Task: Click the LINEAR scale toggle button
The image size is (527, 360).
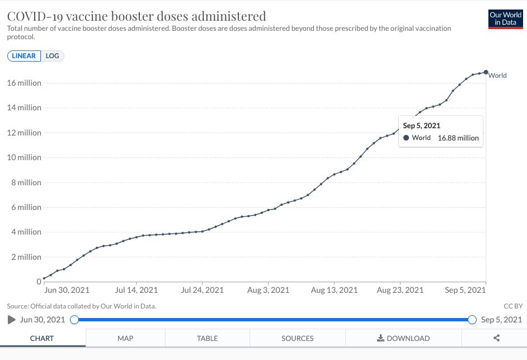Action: click(24, 56)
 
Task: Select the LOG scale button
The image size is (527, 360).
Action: click(53, 56)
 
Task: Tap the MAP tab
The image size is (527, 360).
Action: click(125, 338)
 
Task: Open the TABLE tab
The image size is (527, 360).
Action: click(207, 338)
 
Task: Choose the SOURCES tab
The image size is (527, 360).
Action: click(297, 338)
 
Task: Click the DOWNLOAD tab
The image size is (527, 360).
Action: click(403, 338)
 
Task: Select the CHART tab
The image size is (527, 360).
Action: click(42, 338)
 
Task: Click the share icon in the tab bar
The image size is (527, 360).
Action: click(496, 338)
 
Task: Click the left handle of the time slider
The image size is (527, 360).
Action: click(74, 320)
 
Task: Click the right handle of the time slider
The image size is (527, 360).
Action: click(472, 320)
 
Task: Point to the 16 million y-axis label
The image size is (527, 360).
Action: click(24, 83)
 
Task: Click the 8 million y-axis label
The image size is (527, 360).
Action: click(26, 183)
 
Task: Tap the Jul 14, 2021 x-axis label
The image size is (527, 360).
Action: click(137, 290)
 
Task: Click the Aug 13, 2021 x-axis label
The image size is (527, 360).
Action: click(334, 290)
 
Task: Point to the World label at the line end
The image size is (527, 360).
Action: click(497, 76)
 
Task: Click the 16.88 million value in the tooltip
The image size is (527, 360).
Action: click(458, 138)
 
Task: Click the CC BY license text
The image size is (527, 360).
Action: click(513, 306)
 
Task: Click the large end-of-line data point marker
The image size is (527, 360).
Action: click(486, 72)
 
